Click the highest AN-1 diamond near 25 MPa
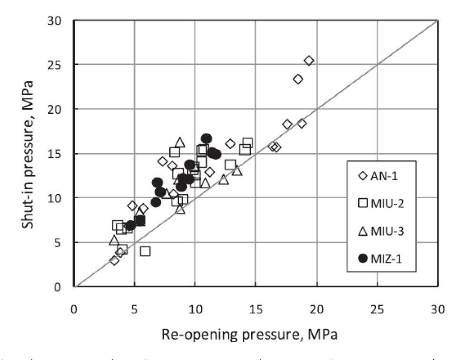[309, 60]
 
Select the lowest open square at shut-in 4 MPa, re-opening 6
[145, 251]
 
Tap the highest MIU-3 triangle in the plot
[179, 142]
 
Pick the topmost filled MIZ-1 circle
[206, 139]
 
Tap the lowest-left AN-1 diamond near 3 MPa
[114, 260]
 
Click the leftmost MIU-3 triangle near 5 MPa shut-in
[114, 240]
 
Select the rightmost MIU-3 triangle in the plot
[237, 170]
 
